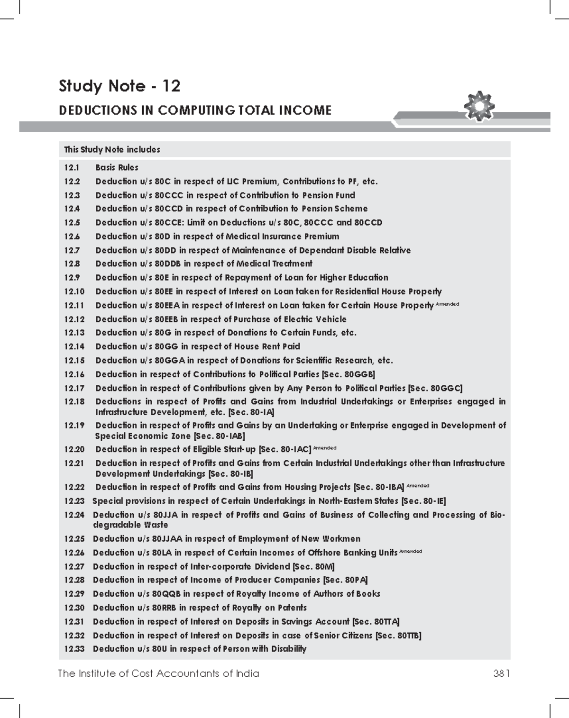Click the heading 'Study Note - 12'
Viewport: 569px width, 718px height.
[x=119, y=86]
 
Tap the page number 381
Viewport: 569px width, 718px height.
[x=501, y=673]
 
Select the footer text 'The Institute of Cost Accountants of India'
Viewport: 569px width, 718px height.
[x=158, y=673]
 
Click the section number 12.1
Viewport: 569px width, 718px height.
[x=72, y=168]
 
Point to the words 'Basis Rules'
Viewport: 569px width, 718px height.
[x=117, y=168]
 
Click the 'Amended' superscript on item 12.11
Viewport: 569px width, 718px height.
[x=447, y=304]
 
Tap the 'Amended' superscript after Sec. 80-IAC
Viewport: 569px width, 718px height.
[x=325, y=447]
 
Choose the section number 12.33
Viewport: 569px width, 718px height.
[x=74, y=649]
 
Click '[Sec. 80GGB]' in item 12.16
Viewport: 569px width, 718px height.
[x=349, y=374]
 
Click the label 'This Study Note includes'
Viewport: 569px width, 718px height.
[x=112, y=150]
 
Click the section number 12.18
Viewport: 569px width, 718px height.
[x=74, y=402]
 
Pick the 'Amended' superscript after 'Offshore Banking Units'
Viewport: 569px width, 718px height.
[x=411, y=551]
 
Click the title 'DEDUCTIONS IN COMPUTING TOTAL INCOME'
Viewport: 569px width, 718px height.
[x=195, y=111]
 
